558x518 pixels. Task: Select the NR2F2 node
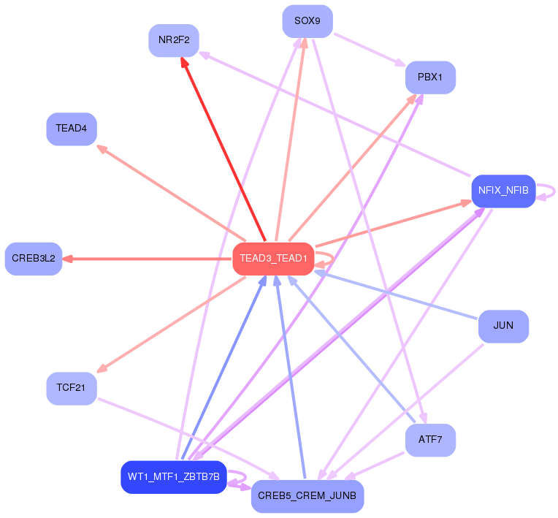pos(174,40)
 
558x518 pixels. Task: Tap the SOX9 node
pos(307,21)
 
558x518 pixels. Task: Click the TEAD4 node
pos(72,129)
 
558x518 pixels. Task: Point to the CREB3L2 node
pos(34,259)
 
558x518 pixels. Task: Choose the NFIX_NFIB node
pos(503,191)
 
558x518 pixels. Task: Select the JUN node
pos(503,325)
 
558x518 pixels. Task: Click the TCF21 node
pos(72,388)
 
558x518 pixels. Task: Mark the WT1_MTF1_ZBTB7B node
pos(174,477)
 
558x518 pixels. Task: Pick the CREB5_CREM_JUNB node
pos(307,496)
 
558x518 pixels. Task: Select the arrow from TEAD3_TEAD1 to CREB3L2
pos(146,259)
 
